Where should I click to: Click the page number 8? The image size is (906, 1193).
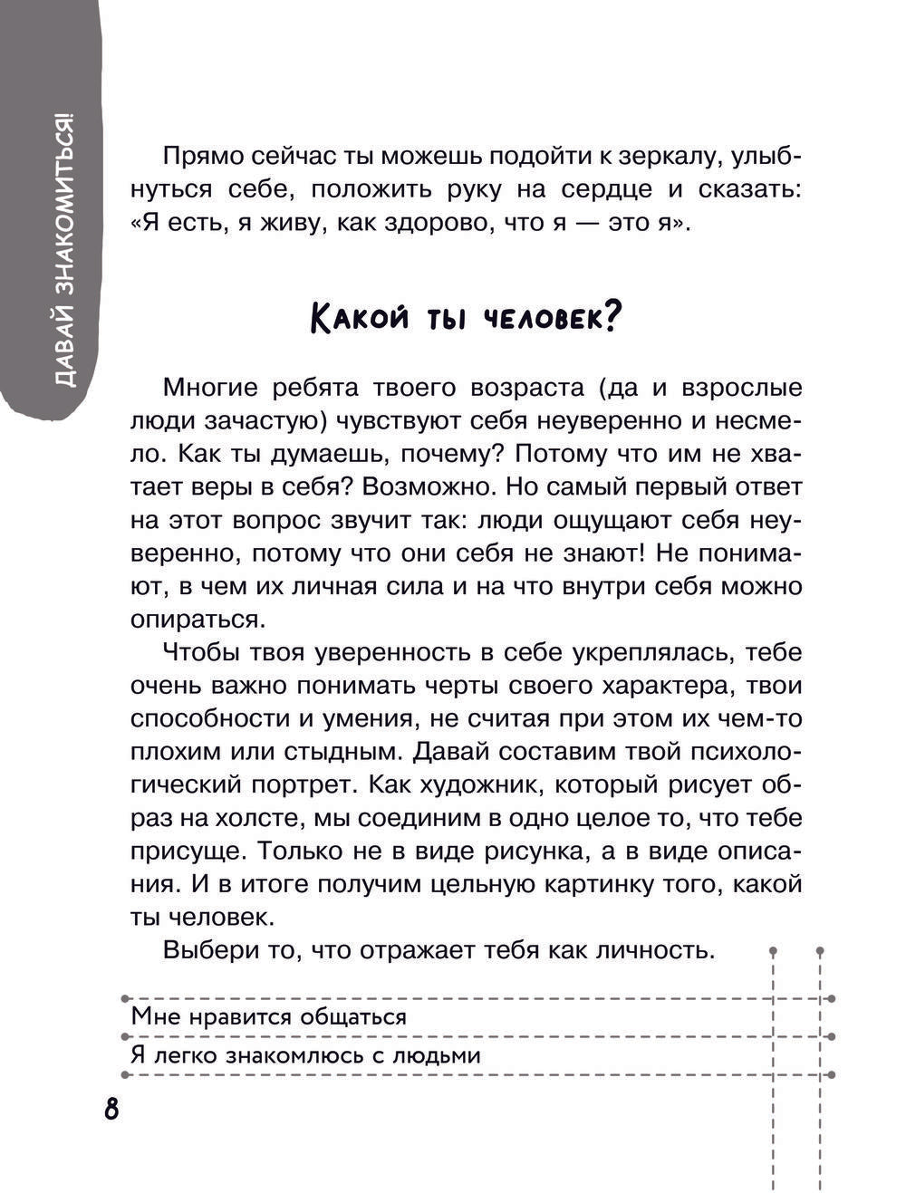click(x=111, y=1108)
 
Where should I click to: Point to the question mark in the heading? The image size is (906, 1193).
click(x=611, y=316)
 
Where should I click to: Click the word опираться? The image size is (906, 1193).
click(x=196, y=619)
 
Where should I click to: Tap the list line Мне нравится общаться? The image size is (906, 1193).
click(x=269, y=1016)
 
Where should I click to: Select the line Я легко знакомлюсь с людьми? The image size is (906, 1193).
click(x=305, y=1055)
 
